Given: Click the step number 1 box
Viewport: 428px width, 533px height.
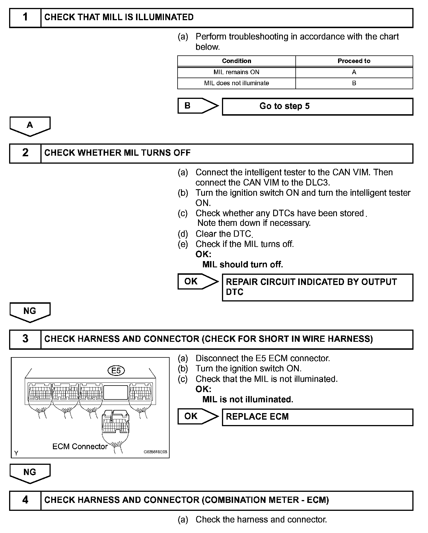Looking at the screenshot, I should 25,18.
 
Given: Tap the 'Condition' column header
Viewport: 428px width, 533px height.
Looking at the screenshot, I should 236,61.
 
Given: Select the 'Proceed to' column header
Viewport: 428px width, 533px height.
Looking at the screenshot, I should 354,61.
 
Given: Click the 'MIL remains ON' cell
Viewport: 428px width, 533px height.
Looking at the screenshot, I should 236,72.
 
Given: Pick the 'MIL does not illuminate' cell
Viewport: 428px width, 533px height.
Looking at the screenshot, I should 236,83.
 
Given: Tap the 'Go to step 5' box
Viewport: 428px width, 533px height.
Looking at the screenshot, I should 317,107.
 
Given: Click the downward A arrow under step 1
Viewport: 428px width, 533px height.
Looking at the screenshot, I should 30,126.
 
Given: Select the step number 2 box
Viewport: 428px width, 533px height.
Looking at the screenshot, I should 25,153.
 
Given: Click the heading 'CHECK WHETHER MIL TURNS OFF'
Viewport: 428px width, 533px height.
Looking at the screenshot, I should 117,153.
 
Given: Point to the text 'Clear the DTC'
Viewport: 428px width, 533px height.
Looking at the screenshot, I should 223,234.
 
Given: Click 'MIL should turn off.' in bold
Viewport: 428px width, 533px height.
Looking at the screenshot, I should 242,265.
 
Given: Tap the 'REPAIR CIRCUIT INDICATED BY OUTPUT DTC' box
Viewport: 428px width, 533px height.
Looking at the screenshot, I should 317,287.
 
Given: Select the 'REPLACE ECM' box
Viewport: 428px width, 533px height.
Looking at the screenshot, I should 317,417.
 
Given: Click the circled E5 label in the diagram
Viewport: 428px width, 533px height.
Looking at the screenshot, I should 116,371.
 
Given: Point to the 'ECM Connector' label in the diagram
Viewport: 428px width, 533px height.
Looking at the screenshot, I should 80,447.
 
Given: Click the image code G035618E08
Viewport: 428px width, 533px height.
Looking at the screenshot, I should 155,452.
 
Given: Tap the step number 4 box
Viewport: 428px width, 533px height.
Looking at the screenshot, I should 25,500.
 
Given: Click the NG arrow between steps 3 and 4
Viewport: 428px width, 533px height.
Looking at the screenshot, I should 30,473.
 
